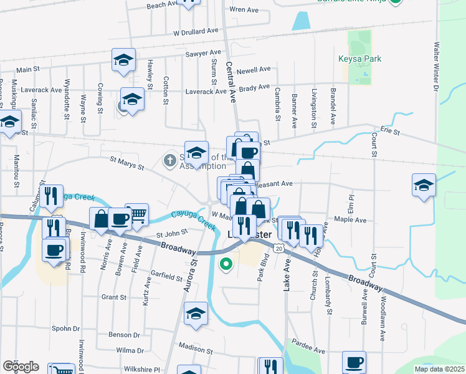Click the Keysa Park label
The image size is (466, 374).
pyautogui.click(x=359, y=59)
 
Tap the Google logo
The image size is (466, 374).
pyautogui.click(x=21, y=366)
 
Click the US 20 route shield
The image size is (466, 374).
pyautogui.click(x=278, y=247)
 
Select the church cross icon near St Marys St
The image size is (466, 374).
pyautogui.click(x=169, y=161)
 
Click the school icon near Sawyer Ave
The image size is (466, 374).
pyautogui.click(x=123, y=60)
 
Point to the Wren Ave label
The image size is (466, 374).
pyautogui.click(x=244, y=10)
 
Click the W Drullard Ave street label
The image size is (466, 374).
pyautogui.click(x=196, y=31)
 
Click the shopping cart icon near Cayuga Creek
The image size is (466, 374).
pyautogui.click(x=137, y=214)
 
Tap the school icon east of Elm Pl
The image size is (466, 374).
pyautogui.click(x=424, y=185)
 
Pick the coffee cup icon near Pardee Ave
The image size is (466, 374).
pyautogui.click(x=354, y=362)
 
